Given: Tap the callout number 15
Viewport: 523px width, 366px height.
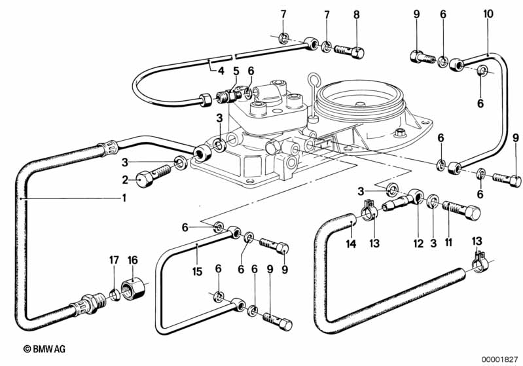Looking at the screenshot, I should tap(198, 269).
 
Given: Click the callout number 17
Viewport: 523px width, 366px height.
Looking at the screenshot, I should tap(114, 260).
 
